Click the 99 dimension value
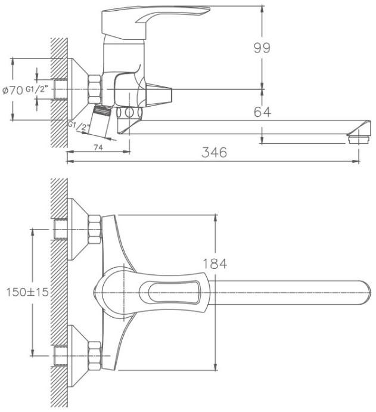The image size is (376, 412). point(262,48)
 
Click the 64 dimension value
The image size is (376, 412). point(262,112)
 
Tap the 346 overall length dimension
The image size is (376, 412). point(214,153)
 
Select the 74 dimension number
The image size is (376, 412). point(98,148)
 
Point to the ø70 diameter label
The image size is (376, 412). point(13,91)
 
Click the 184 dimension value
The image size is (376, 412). point(215,264)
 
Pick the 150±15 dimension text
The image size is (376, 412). point(27,292)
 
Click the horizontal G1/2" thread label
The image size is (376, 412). point(36,89)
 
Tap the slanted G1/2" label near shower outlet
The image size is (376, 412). point(79,126)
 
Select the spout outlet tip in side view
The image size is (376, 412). point(359,131)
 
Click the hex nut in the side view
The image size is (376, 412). point(95,89)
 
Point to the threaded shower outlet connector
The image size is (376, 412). point(102,110)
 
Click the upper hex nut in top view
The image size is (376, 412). point(95,230)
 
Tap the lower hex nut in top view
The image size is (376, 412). point(95,356)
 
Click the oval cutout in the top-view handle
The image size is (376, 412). point(173,292)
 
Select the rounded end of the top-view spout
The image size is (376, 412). point(365,292)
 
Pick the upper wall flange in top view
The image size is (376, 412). point(78,229)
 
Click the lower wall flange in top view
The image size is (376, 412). point(78,356)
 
